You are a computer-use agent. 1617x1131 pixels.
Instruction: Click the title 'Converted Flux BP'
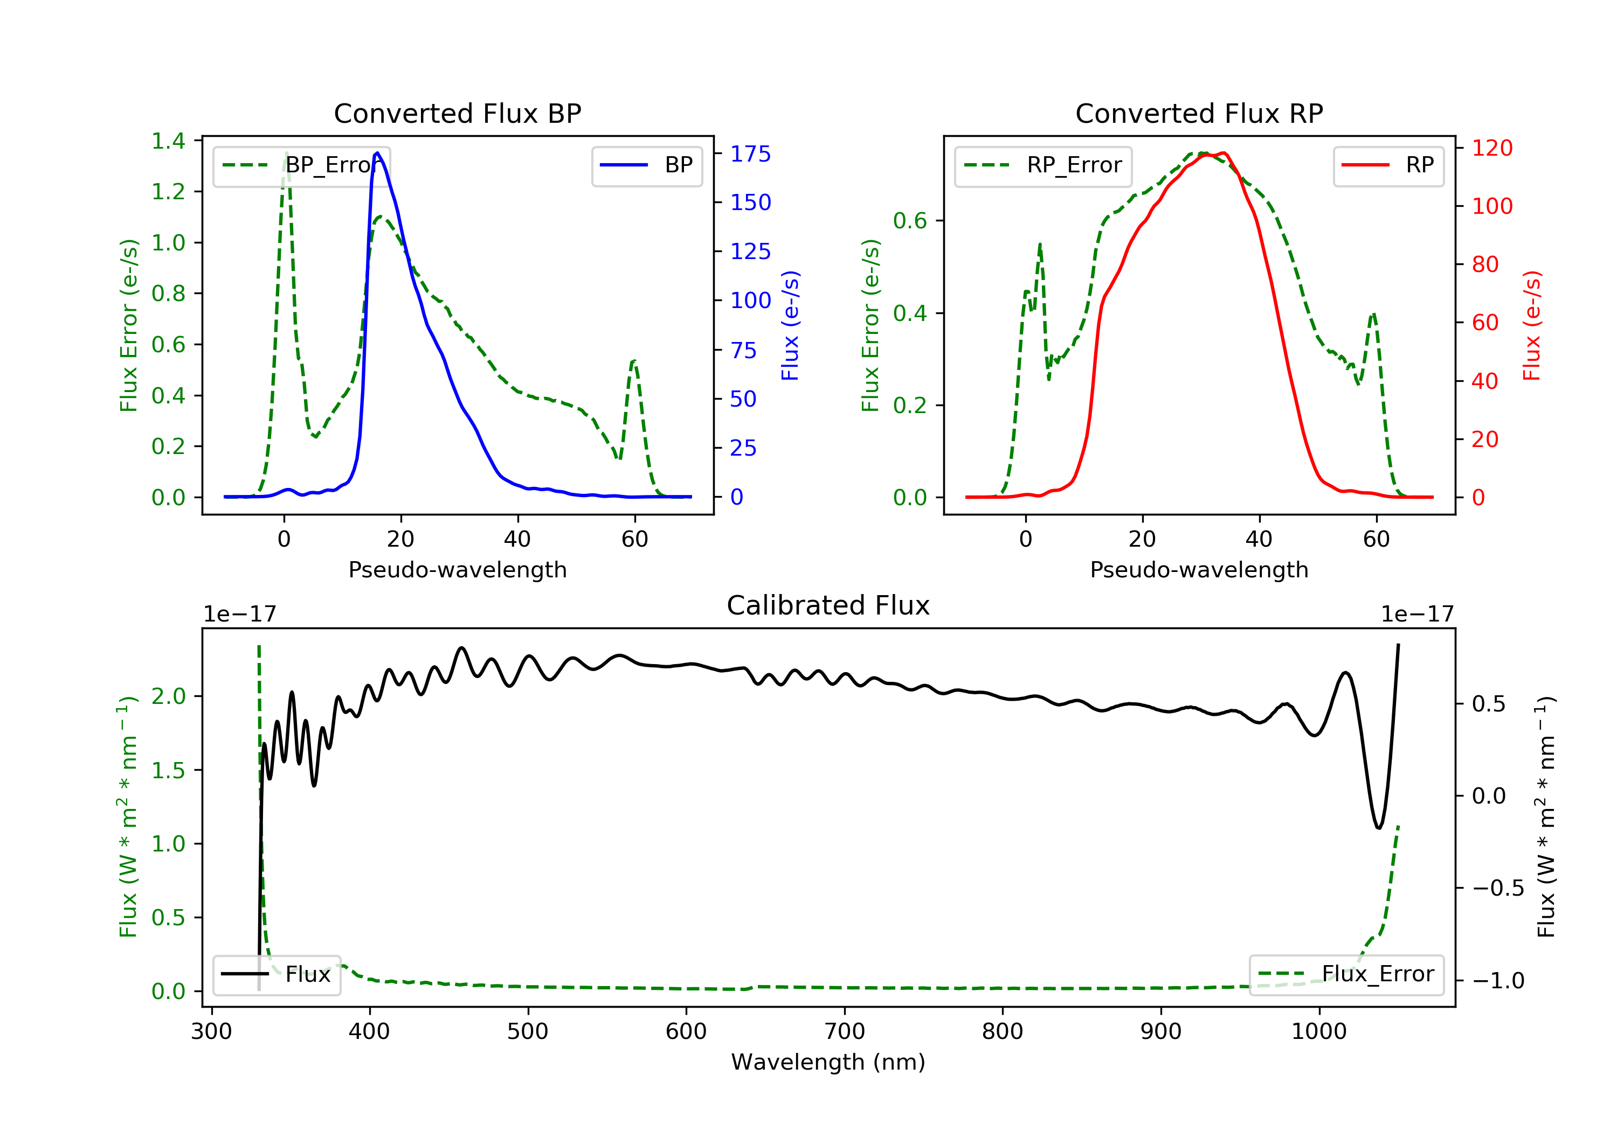[x=458, y=113]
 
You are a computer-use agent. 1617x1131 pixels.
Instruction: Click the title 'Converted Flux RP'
[x=1199, y=113]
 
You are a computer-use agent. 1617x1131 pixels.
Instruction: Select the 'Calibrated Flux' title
[x=828, y=605]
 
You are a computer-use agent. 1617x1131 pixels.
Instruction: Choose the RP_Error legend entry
[x=1043, y=165]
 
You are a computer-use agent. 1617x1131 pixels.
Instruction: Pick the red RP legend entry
[x=1388, y=165]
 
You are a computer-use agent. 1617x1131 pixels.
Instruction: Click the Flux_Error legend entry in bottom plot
[x=1346, y=974]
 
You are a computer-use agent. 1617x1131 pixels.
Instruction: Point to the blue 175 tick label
[x=750, y=154]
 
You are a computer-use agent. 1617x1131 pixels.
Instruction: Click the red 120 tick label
[x=1491, y=148]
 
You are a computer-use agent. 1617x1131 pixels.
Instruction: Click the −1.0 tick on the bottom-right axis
[x=1498, y=980]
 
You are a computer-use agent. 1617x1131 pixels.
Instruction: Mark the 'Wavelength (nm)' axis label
[x=828, y=1062]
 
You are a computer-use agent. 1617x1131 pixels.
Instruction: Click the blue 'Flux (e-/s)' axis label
[x=790, y=325]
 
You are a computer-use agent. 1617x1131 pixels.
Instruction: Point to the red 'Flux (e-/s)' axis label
[x=1532, y=325]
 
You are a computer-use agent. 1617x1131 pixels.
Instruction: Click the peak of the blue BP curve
[x=377, y=153]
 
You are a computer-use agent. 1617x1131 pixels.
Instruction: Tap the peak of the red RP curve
[x=1224, y=153]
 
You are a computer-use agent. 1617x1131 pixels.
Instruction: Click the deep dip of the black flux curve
[x=1379, y=828]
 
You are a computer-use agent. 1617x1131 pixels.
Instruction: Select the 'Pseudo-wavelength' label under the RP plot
[x=1199, y=569]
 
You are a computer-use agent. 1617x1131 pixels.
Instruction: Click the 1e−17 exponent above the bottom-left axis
[x=239, y=615]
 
